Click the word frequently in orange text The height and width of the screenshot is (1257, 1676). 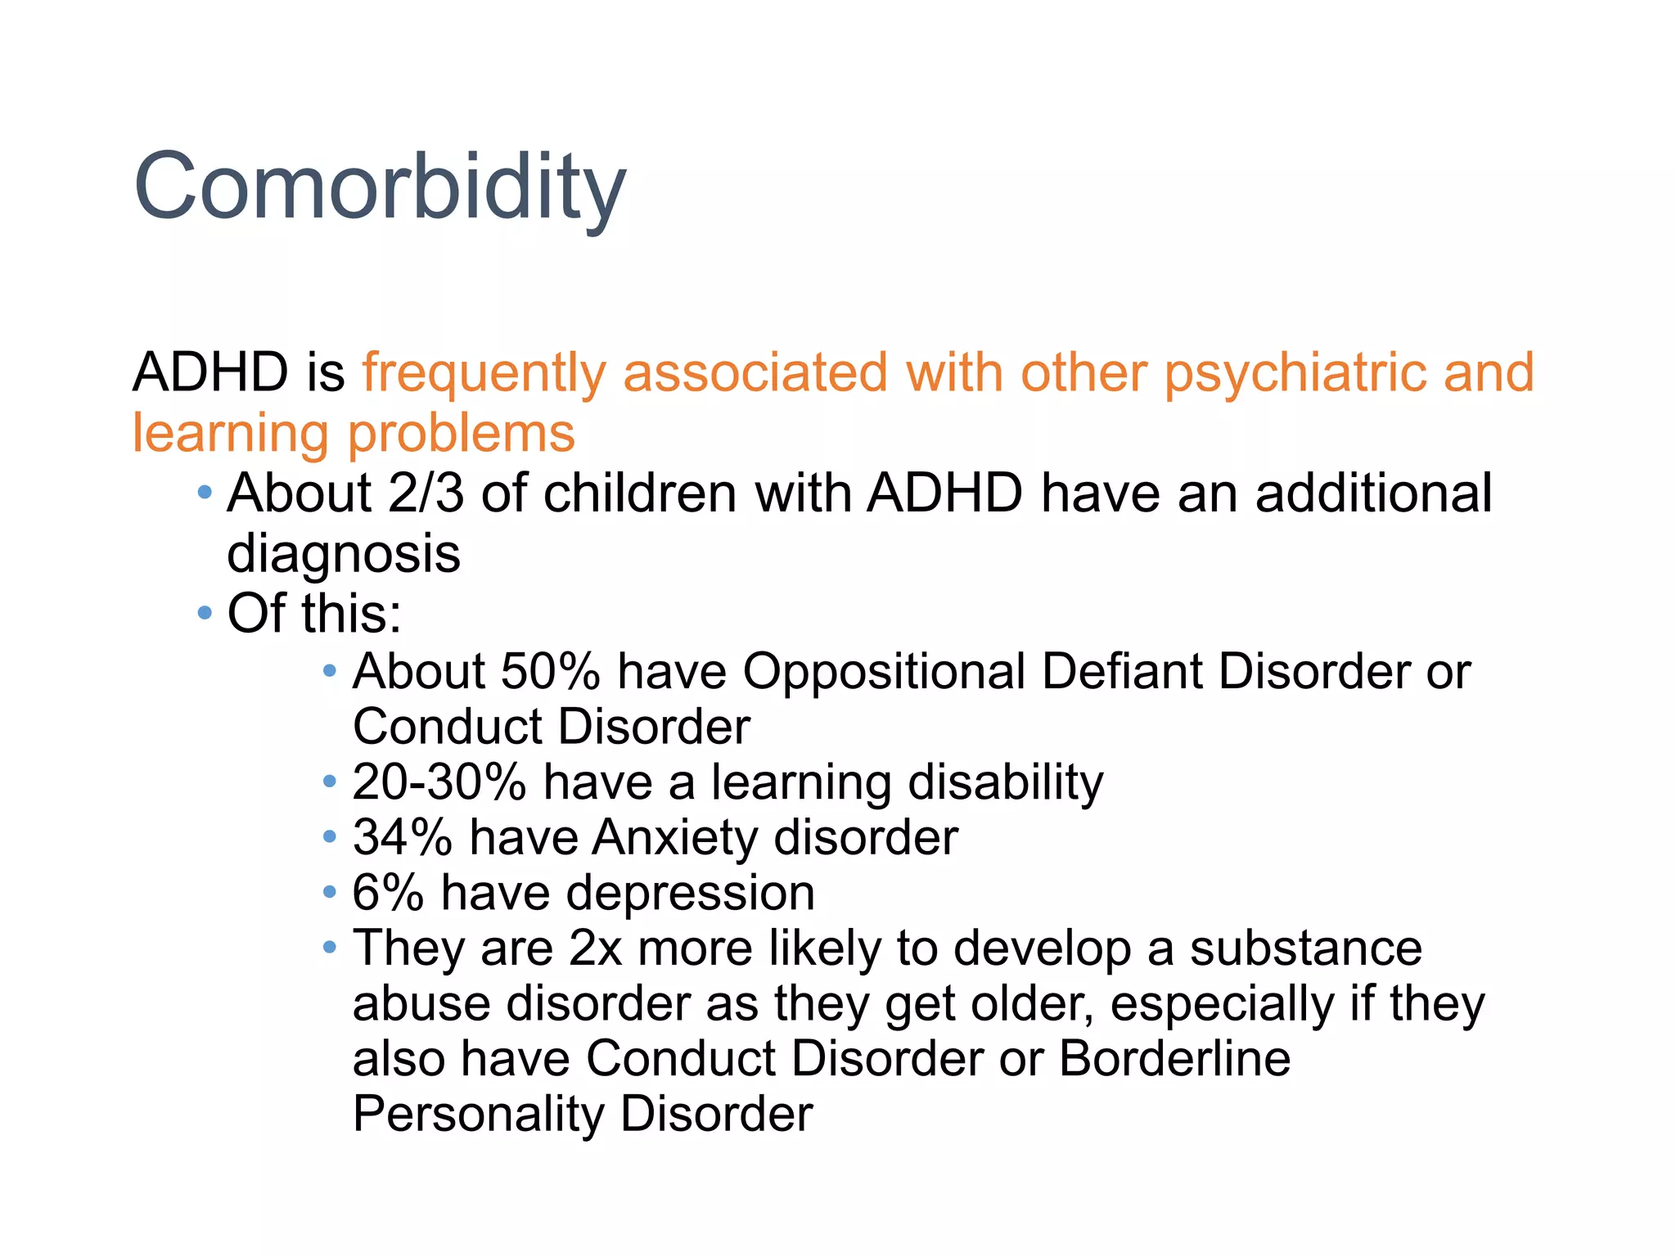pos(484,372)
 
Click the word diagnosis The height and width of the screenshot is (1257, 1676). pos(344,555)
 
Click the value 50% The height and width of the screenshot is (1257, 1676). pos(550,671)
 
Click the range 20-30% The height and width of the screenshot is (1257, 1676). pos(439,782)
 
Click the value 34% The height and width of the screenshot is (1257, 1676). pos(402,837)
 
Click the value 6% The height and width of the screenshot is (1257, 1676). pos(387,892)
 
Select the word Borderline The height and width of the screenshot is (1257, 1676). pos(1174,1058)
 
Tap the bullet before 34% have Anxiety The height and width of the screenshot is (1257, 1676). pos(330,836)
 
